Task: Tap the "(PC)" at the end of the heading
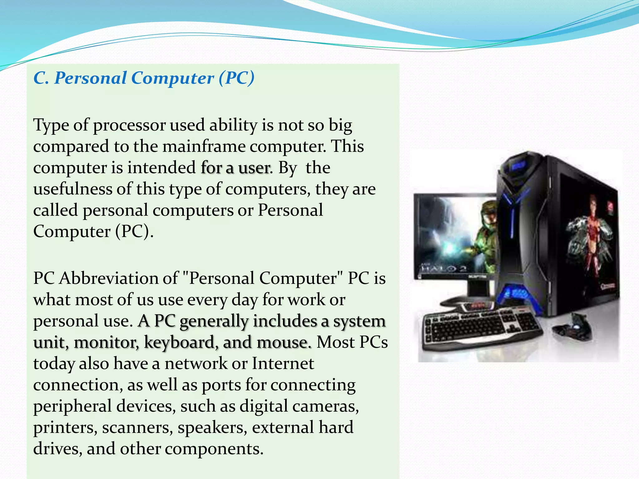pos(237,78)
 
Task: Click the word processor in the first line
pos(129,125)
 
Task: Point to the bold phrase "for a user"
pos(235,168)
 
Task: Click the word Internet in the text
pos(283,364)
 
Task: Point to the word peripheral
pos(72,406)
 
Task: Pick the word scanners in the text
pos(137,428)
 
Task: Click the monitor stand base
pos(468,301)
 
